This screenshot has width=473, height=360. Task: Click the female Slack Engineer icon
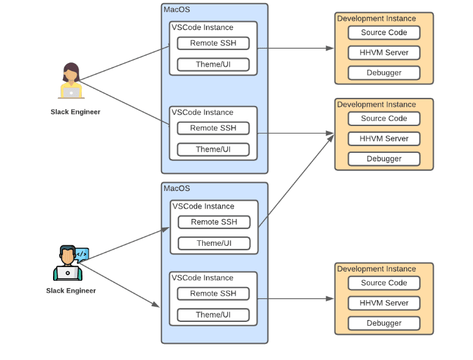(x=71, y=80)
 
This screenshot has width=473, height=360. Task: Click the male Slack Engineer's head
(x=67, y=255)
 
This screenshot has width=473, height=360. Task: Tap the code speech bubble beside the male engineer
(x=82, y=254)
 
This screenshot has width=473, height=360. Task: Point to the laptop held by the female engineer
(x=71, y=92)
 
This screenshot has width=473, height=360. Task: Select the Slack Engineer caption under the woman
(x=76, y=112)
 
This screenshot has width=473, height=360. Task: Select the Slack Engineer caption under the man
(x=71, y=291)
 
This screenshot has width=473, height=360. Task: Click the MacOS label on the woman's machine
(x=177, y=9)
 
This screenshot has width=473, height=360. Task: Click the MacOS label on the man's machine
(x=177, y=188)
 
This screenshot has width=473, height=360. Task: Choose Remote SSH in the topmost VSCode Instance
(x=213, y=43)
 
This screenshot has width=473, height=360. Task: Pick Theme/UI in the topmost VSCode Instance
(x=213, y=64)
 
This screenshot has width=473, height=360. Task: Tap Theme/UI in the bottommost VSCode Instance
(x=213, y=314)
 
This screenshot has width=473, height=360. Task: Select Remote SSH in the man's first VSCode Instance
(x=213, y=221)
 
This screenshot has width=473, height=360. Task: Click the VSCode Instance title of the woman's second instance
(x=202, y=112)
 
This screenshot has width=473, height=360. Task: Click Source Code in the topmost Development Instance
(x=384, y=32)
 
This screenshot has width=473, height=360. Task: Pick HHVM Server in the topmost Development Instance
(x=384, y=52)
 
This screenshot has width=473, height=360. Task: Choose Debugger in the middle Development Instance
(x=384, y=158)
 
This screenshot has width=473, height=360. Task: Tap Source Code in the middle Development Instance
(x=384, y=119)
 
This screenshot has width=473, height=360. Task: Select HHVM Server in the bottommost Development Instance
(x=384, y=303)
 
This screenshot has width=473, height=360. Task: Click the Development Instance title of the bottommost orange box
(x=376, y=269)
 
